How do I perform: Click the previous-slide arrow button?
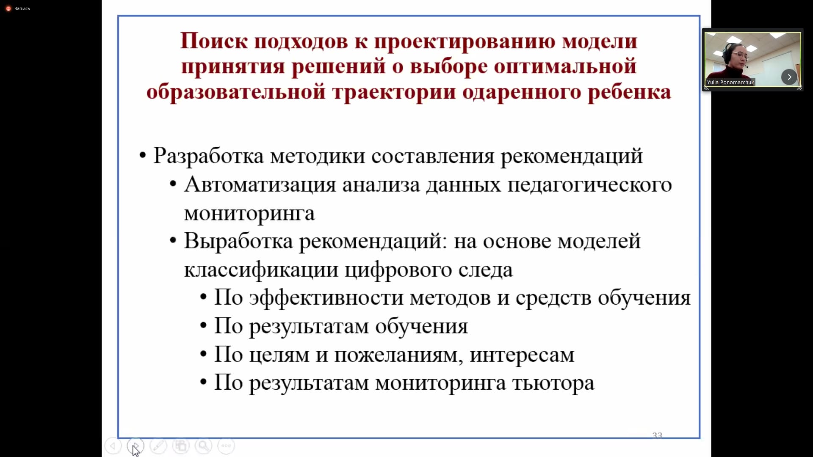(113, 446)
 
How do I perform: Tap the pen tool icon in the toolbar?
(158, 446)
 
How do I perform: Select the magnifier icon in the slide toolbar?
(203, 446)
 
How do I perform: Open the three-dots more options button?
(226, 446)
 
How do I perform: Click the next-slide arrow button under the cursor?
(135, 446)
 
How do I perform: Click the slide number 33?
(657, 435)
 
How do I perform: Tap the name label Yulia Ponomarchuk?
(730, 82)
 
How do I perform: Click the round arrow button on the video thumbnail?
(789, 77)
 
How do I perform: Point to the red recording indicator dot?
(8, 8)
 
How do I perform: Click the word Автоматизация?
(260, 184)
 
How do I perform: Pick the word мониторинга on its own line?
(249, 213)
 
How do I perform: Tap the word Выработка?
(238, 241)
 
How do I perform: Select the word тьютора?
(553, 383)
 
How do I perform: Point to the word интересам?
(522, 355)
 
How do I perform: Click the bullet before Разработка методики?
(143, 156)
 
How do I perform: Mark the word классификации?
(261, 270)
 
